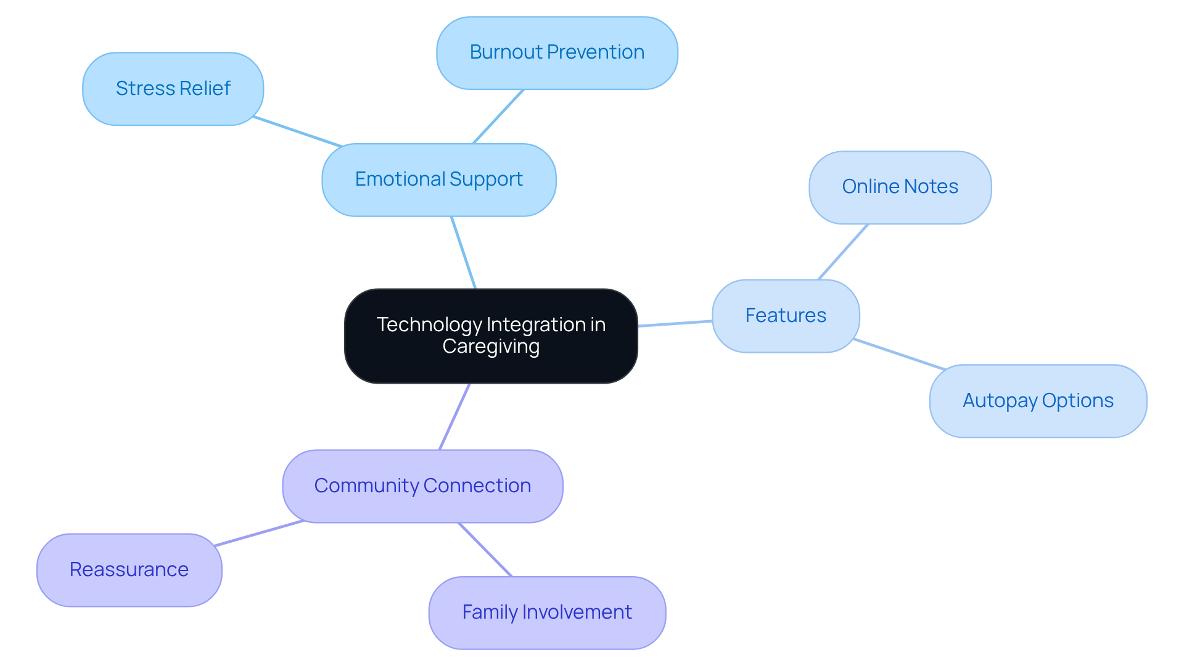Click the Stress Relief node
coord(173,89)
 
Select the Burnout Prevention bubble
coord(557,52)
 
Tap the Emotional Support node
coord(438,179)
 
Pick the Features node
coord(785,316)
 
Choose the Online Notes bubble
coord(900,187)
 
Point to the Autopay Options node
coord(1038,401)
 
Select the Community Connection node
coord(422,486)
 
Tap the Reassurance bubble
coord(129,570)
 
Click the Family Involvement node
coord(547,612)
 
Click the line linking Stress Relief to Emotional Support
coord(298,131)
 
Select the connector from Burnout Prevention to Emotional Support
coord(498,117)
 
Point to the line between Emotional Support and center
coord(464,252)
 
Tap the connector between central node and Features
coord(675,323)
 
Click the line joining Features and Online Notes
coord(843,252)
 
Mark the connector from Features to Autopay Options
coord(899,354)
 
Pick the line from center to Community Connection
coord(454,416)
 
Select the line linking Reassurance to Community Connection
coord(260,534)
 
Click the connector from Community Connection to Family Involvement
coord(485,550)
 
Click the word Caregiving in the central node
coord(491,347)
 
